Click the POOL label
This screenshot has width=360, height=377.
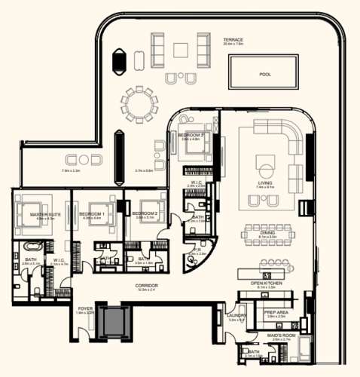click(x=264, y=75)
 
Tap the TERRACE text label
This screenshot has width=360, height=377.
click(x=233, y=39)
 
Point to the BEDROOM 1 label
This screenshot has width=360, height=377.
click(x=91, y=215)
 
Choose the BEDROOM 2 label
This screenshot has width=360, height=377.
click(x=144, y=213)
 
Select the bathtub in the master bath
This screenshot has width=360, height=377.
click(x=32, y=247)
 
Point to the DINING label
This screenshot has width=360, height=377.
click(x=267, y=233)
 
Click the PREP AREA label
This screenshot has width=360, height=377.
click(x=274, y=311)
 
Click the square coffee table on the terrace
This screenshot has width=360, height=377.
click(x=181, y=51)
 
